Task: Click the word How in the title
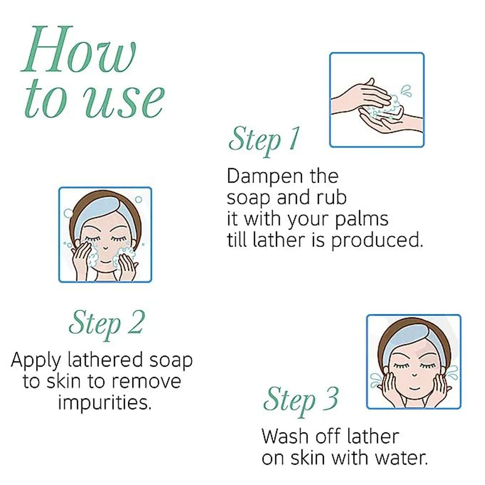[79, 49]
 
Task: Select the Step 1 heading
[264, 141]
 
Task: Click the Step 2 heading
[107, 325]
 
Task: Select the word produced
[377, 241]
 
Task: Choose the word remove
[146, 382]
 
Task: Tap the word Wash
[285, 436]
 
